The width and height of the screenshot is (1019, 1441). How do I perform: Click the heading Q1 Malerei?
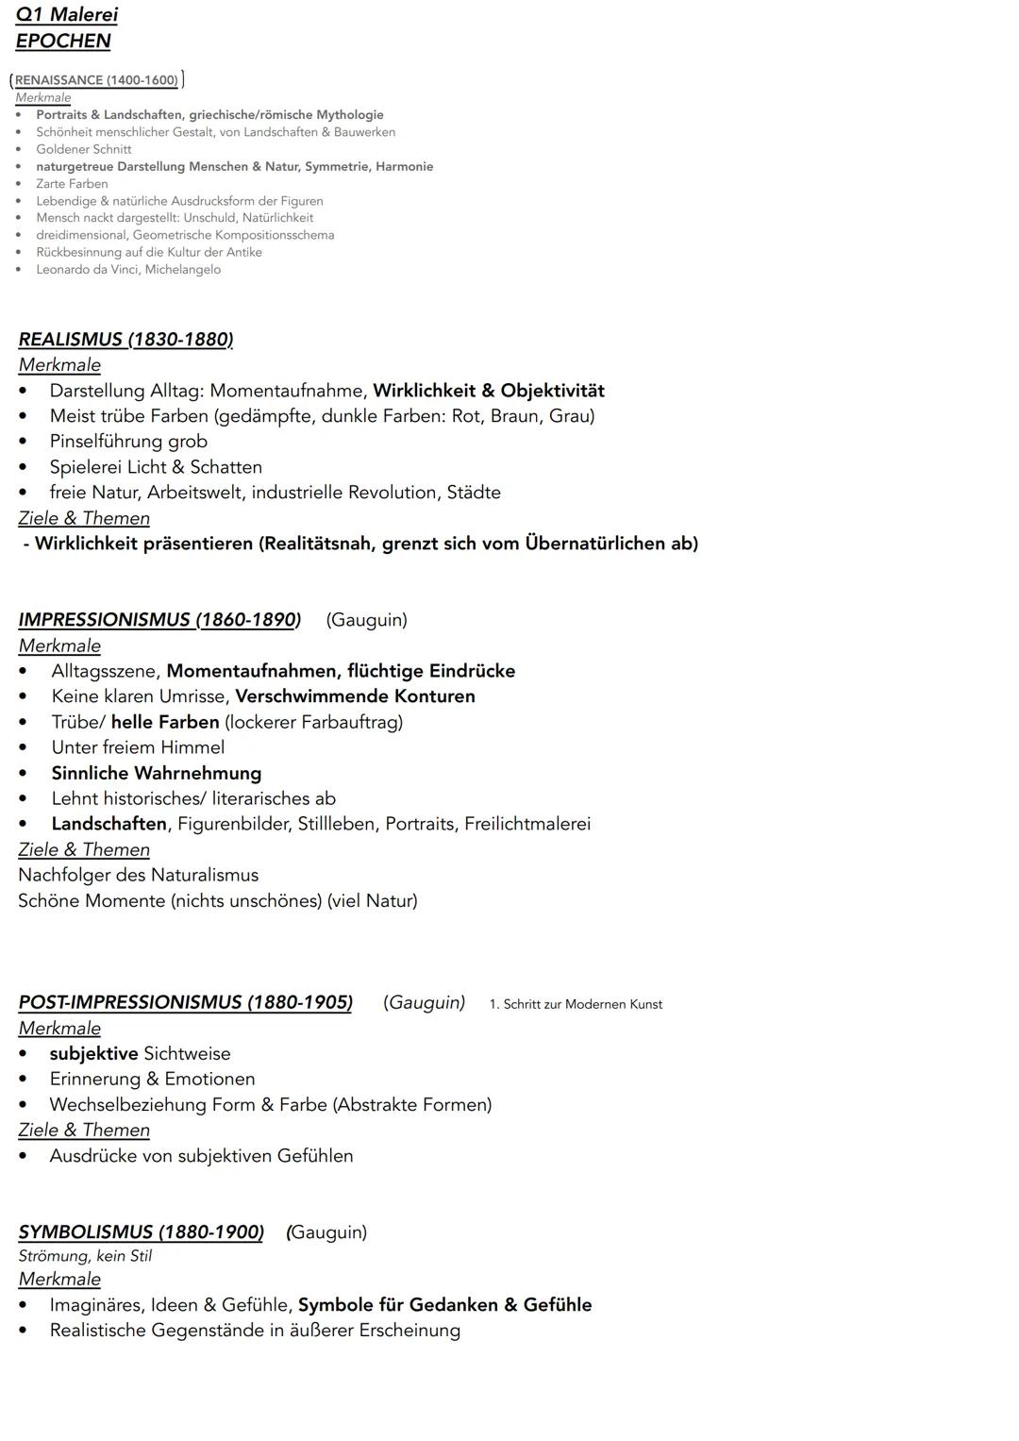67,15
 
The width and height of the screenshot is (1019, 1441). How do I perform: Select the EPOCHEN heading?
63,42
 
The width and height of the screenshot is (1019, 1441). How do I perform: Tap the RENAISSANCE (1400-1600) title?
96,80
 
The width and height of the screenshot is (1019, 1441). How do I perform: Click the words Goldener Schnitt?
84,149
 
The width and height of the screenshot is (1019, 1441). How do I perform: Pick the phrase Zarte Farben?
72,184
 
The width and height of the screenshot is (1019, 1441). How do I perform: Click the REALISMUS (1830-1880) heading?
125,340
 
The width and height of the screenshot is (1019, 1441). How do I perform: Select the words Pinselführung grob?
128,442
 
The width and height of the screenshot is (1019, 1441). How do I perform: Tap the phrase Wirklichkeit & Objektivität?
489,391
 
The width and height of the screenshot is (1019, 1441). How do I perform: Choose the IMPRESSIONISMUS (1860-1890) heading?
159,620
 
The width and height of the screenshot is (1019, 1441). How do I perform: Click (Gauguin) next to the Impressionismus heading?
367,620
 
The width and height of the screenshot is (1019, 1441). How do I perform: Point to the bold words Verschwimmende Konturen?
355,696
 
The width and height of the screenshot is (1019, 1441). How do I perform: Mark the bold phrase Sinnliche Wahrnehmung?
157,773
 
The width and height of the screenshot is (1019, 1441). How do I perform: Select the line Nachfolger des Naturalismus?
138,875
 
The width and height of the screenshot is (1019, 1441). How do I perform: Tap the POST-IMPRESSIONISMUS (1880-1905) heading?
185,1002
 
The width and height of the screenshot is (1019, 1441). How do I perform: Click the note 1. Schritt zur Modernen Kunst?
576,1004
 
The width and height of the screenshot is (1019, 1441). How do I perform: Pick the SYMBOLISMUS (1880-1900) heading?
141,1232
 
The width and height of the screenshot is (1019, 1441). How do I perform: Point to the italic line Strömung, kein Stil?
85,1256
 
